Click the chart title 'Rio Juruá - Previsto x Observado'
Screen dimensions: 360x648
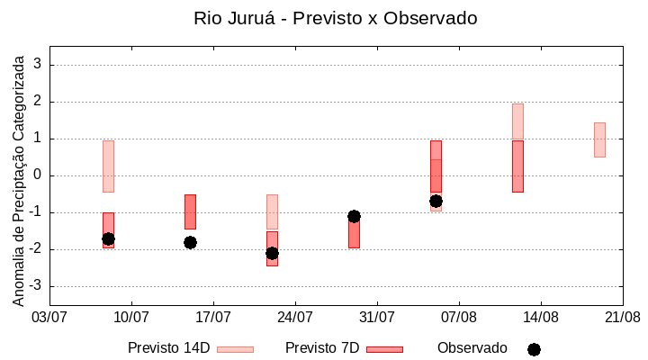coord(336,18)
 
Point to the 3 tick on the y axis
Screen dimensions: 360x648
coord(38,65)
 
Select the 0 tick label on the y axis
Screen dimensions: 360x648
coord(38,175)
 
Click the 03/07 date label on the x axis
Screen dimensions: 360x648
coord(49,317)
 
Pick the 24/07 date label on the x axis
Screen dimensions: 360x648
coord(295,317)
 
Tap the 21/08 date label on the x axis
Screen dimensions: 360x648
coord(622,317)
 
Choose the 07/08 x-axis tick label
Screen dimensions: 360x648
coord(459,317)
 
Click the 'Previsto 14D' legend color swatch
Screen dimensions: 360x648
coord(235,349)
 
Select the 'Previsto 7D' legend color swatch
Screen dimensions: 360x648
coord(384,349)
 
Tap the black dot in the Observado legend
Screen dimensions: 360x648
coord(534,349)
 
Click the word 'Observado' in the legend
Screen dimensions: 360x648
coord(472,347)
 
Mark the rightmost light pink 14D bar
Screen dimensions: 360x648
coord(599,139)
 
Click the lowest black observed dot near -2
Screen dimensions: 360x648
coord(272,253)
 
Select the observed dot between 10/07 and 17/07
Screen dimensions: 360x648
coord(190,242)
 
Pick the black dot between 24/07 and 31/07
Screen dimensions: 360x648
coord(354,216)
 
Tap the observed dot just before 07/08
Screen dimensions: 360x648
coord(436,201)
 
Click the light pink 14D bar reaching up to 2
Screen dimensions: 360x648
coord(517,121)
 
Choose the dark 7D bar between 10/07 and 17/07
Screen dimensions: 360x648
coord(190,211)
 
